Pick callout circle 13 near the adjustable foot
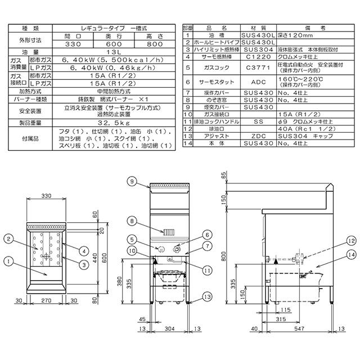[207, 296]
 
